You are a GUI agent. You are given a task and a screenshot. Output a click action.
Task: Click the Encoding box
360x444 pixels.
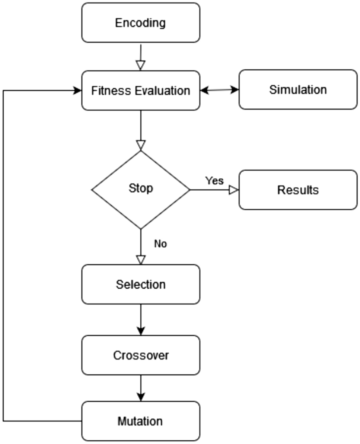tap(141, 23)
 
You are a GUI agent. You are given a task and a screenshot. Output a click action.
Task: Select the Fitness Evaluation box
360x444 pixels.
tap(141, 91)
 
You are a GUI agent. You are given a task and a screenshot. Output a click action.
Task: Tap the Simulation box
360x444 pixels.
tap(298, 90)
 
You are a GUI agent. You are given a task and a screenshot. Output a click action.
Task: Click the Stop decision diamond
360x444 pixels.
tap(141, 190)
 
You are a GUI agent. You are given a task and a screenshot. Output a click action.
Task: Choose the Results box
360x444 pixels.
tap(298, 190)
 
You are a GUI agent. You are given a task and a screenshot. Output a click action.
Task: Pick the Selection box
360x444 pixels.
tap(141, 285)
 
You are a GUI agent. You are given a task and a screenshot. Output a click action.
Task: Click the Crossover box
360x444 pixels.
tap(141, 355)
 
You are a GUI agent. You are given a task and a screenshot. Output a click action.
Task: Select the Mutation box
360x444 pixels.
tap(141, 421)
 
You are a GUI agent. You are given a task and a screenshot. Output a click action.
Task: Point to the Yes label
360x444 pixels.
tap(214, 181)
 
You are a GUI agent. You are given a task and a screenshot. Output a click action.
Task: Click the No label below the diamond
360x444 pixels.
tap(160, 244)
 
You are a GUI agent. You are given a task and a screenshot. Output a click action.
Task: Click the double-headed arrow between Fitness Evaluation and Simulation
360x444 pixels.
tap(219, 90)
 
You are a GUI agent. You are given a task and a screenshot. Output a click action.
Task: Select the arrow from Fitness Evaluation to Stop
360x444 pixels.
tap(141, 129)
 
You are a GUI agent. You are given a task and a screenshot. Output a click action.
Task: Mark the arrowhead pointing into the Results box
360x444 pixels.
tap(233, 190)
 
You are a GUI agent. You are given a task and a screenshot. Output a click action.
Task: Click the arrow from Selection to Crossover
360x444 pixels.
tap(141, 319)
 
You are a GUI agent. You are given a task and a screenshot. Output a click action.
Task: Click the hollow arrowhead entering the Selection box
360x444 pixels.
tap(140, 260)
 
